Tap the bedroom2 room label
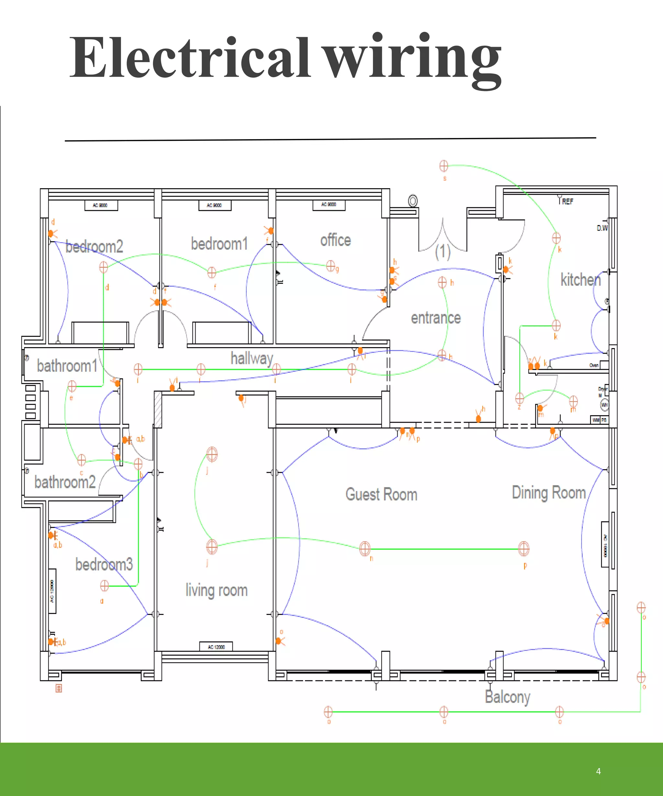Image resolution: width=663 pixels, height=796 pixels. pos(94,247)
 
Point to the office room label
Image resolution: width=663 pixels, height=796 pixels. pos(335,240)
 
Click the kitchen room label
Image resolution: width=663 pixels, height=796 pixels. pos(580,280)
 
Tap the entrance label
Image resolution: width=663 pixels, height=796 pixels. pos(436,318)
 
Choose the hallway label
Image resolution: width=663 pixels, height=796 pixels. pos(252,358)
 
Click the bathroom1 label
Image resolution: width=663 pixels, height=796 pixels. pos(67,366)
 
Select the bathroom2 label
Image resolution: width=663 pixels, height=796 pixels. pos(65,482)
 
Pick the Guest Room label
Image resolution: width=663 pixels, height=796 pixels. pos(381,495)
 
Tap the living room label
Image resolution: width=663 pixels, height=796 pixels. pos(216,590)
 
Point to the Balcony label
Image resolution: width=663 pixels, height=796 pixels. pos(507,697)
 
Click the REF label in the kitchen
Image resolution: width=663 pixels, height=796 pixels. pos(567,202)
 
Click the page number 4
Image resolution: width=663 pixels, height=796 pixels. pos(598,771)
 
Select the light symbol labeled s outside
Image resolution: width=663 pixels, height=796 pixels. pos(444,166)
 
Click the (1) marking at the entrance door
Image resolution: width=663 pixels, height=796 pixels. pos(443,252)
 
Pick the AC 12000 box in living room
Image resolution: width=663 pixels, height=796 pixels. pos(216,647)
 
